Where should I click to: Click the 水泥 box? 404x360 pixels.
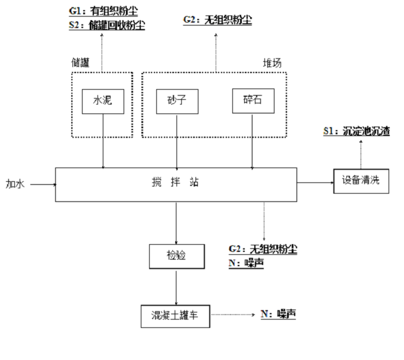click(x=103, y=101)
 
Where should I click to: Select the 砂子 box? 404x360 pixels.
click(x=176, y=101)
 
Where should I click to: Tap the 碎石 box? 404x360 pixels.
click(x=254, y=101)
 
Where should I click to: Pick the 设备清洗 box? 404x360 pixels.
click(x=361, y=181)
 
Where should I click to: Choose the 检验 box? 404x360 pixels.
click(x=176, y=255)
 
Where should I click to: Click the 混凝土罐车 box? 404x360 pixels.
click(x=176, y=315)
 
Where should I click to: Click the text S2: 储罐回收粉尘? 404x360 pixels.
click(x=106, y=25)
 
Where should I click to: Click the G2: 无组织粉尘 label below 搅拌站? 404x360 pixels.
click(x=263, y=249)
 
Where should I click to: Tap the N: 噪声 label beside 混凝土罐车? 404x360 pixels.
click(x=278, y=314)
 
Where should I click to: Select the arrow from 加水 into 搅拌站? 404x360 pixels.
click(x=42, y=184)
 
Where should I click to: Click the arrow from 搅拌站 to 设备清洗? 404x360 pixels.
click(x=314, y=182)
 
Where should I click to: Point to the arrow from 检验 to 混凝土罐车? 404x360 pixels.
click(x=176, y=286)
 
